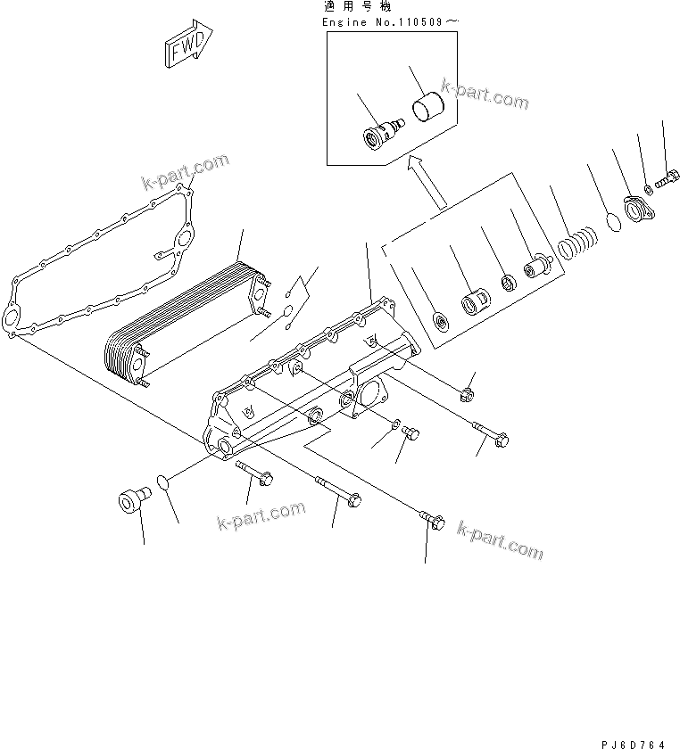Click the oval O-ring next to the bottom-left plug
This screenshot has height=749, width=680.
point(162,482)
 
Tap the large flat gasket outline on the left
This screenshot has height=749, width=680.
point(98,267)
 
